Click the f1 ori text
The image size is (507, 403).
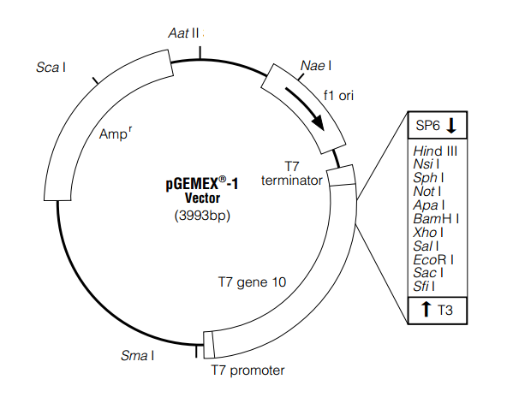point(339,96)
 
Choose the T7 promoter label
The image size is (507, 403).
point(248,370)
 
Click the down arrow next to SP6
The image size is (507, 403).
point(451,126)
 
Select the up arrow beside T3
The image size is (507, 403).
point(426,310)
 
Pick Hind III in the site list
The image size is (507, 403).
point(435,151)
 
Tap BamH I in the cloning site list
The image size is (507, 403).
point(435,218)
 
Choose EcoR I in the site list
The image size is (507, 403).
point(433,259)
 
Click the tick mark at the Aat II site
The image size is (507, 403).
point(201,51)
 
